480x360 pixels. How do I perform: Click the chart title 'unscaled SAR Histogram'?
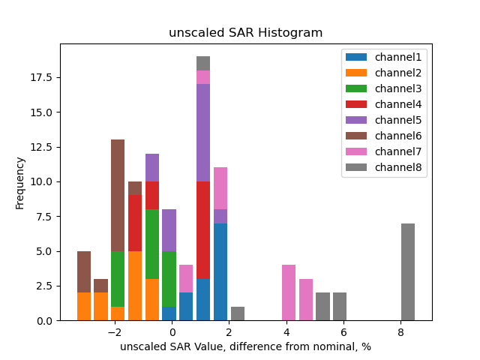[245, 33]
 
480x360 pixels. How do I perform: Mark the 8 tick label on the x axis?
[400, 332]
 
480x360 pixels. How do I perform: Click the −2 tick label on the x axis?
[114, 332]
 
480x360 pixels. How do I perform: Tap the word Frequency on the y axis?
[20, 182]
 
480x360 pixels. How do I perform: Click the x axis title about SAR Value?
[245, 346]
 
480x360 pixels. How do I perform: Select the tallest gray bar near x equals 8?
[408, 271]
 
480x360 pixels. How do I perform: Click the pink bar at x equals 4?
[289, 292]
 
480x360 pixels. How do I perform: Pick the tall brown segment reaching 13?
[118, 195]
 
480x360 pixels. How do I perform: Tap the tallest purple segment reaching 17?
[203, 132]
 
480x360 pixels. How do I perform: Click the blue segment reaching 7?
[220, 271]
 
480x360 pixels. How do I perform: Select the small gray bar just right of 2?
[238, 313]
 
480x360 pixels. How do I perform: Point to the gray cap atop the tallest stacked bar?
[203, 63]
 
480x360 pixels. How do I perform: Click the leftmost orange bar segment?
[84, 306]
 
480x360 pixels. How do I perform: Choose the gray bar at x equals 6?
[340, 306]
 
